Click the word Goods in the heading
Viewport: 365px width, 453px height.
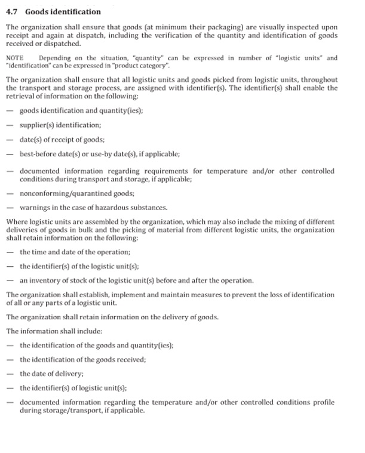(39, 11)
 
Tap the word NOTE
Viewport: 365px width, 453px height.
(14, 58)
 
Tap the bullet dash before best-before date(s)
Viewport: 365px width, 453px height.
(10, 155)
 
